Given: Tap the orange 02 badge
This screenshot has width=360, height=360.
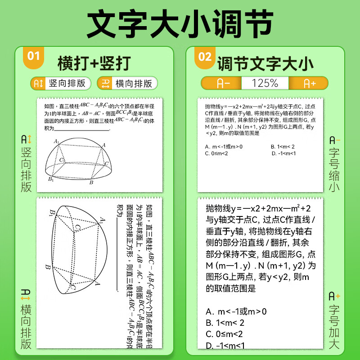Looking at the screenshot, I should pos(205,56).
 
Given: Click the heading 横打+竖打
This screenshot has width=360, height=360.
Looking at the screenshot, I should pos(94,63).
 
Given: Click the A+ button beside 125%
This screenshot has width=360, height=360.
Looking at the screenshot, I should pos(309,83).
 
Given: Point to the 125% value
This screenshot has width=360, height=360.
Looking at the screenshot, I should pos(265,83).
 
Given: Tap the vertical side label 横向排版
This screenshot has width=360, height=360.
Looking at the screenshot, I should pos(27,319).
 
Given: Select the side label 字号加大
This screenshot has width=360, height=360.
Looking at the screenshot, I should pos(334,319).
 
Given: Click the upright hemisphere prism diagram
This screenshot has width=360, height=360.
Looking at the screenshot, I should pos(79,159).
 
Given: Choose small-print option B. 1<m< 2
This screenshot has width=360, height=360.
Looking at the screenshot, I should pos(283,146).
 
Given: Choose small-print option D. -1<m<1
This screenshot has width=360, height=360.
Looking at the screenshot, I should pos(283,153).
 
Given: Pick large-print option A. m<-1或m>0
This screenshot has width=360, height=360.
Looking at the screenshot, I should pos(236,311).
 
